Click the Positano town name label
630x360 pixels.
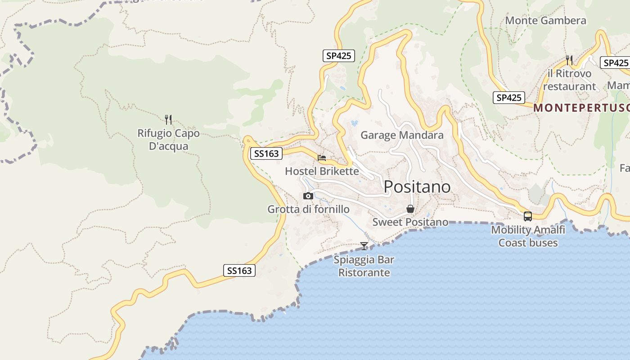(417, 186)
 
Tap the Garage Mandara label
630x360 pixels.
(402, 135)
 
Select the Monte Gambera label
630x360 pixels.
(545, 20)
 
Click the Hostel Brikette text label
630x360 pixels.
(322, 171)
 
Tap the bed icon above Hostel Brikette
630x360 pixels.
(322, 158)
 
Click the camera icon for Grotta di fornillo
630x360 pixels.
(308, 196)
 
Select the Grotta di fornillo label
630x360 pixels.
(308, 209)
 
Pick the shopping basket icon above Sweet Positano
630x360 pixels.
(410, 209)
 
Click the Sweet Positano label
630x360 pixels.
(410, 222)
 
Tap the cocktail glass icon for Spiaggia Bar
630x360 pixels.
(364, 246)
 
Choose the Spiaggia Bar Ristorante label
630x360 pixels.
(364, 266)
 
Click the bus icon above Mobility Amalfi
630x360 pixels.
(528, 216)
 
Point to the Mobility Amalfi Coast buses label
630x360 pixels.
(528, 236)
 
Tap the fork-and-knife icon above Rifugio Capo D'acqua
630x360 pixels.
(168, 120)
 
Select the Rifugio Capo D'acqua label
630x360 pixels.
(168, 139)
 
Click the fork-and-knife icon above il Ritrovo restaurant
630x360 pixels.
(569, 60)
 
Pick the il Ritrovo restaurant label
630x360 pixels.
(569, 80)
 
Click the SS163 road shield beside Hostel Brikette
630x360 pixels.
(266, 153)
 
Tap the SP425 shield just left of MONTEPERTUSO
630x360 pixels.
(509, 98)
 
